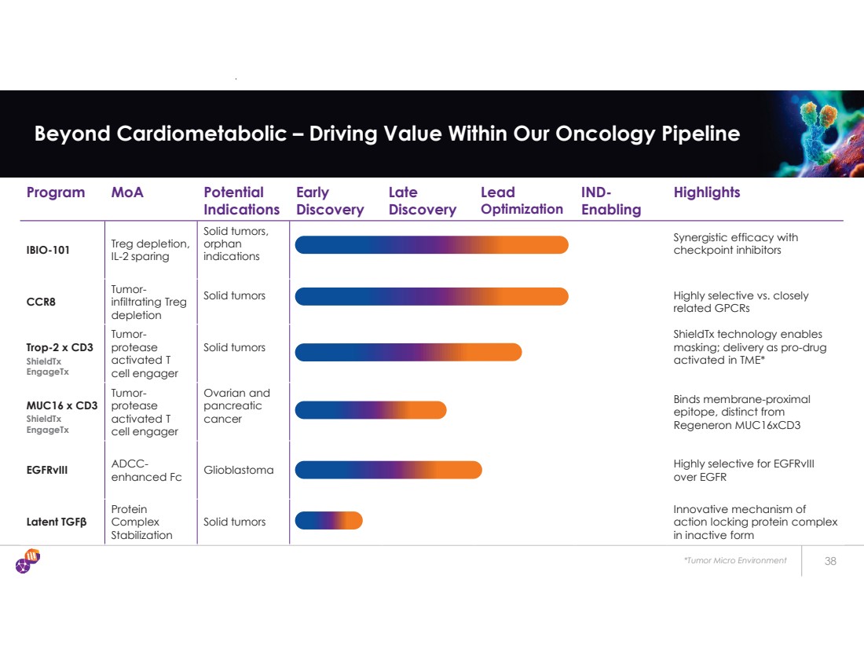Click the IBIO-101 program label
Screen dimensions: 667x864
point(49,251)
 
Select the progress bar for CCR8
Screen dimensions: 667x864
point(431,296)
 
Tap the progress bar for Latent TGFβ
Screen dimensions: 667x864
point(328,521)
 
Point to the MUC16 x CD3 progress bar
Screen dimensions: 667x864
point(370,410)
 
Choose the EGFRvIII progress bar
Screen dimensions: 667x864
point(388,470)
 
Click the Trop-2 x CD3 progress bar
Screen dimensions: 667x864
point(408,352)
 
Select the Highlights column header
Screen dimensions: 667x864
point(706,192)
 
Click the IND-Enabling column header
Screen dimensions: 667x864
point(610,201)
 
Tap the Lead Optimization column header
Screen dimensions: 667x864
point(522,201)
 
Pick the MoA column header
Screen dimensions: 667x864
point(127,192)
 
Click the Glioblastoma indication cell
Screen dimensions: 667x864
point(239,470)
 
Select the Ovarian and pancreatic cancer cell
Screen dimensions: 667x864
point(236,406)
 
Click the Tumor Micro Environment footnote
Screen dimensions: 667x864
point(734,561)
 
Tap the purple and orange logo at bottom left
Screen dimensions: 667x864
point(27,561)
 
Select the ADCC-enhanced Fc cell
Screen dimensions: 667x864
point(146,470)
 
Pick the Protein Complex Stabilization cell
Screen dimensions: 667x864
point(141,522)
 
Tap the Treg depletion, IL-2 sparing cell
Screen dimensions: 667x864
point(150,250)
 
